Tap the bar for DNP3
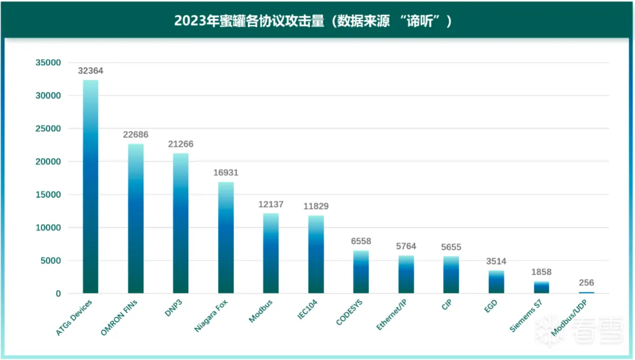pyautogui.click(x=180, y=223)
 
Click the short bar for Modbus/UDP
pyautogui.click(x=586, y=292)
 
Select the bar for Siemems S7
pyautogui.click(x=541, y=287)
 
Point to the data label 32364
pyautogui.click(x=91, y=70)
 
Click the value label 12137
pyautogui.click(x=271, y=204)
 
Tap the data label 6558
pyautogui.click(x=361, y=241)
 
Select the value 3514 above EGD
pyautogui.click(x=496, y=261)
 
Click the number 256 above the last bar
pyautogui.click(x=586, y=283)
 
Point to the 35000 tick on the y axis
pyautogui.click(x=48, y=62)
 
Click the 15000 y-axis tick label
pyautogui.click(x=48, y=194)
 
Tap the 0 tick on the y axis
pyautogui.click(x=58, y=293)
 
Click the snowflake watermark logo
pyautogui.click(x=545, y=332)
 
